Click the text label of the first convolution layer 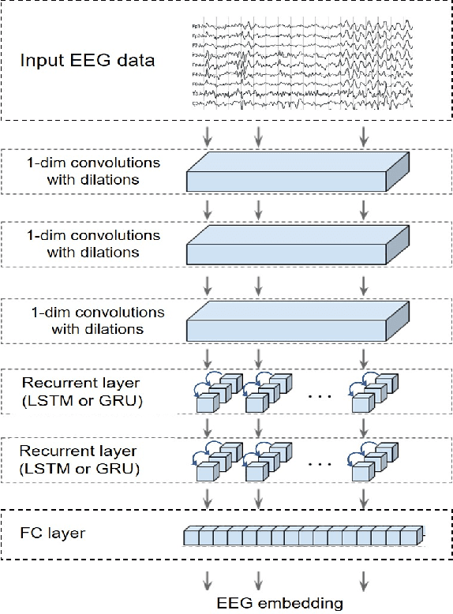(x=93, y=171)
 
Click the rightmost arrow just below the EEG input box (x=363, y=137)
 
